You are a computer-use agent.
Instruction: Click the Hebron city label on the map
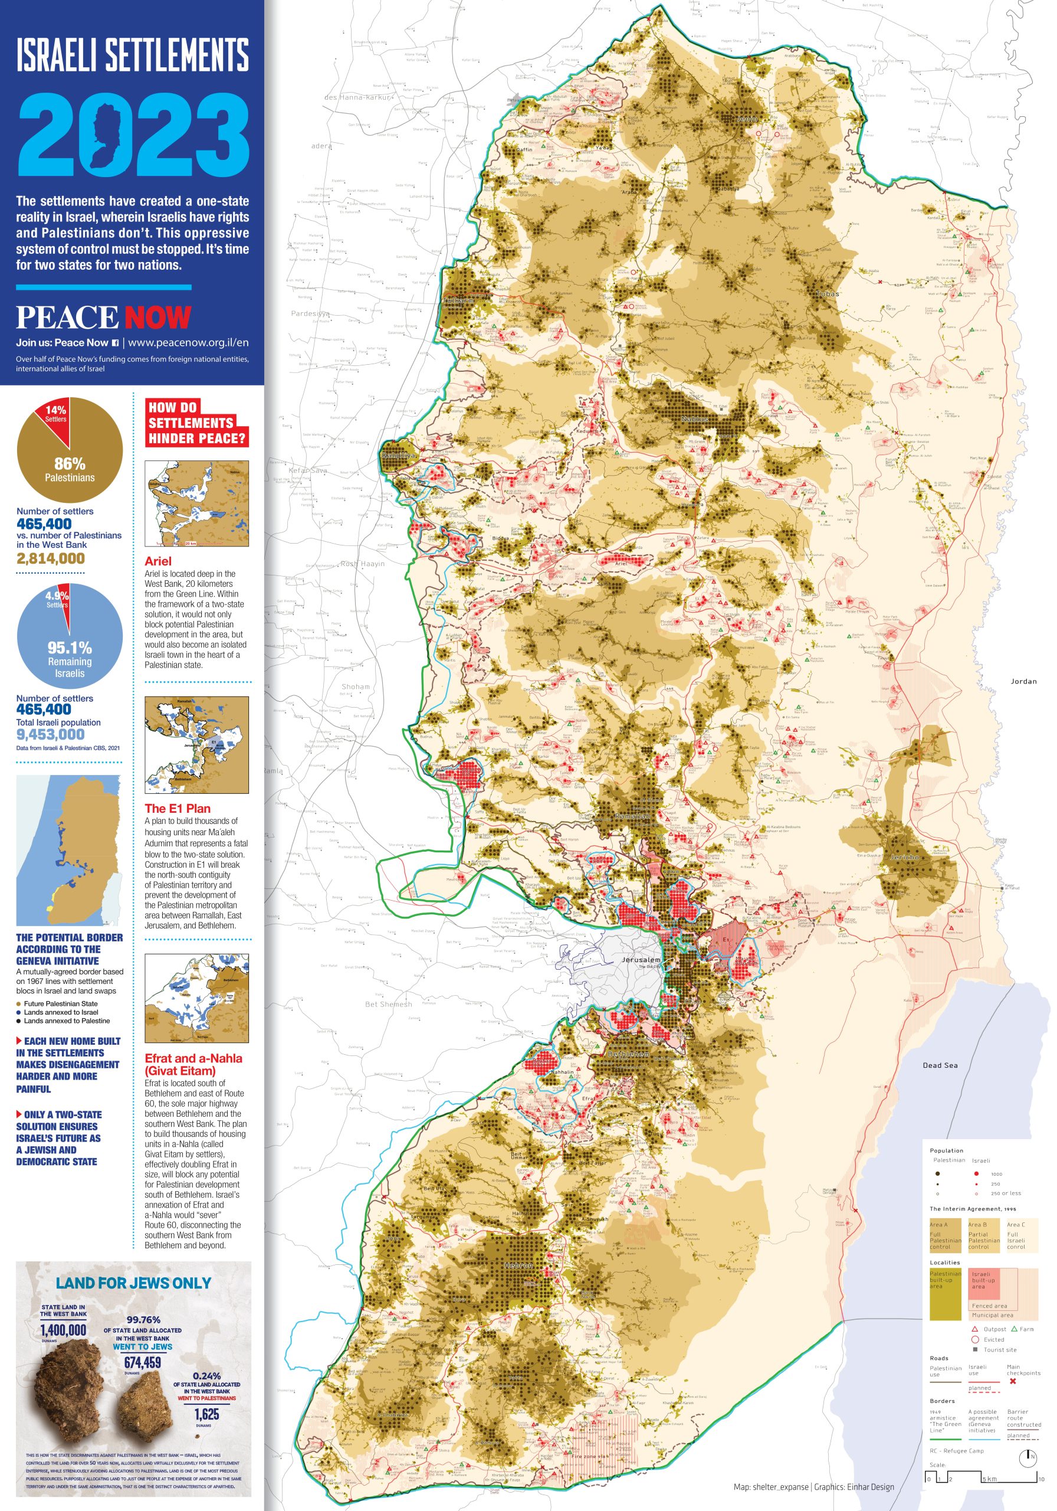pos(518,1265)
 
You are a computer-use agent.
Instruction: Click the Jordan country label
pos(1023,681)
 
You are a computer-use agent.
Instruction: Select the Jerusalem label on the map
pos(641,960)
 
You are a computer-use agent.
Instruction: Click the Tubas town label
pos(828,294)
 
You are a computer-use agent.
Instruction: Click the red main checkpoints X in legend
pos(1012,1381)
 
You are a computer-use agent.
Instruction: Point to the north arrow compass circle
pos(1028,1457)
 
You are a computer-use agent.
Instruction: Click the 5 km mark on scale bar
pos(989,1479)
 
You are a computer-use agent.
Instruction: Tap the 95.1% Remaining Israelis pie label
pos(70,647)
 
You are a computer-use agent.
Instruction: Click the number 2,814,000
pos(51,558)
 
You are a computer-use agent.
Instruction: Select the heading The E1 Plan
pos(178,808)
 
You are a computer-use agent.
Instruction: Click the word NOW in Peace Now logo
pos(158,317)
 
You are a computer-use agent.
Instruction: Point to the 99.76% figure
pos(143,1320)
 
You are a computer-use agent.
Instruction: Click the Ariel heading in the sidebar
pos(158,561)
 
